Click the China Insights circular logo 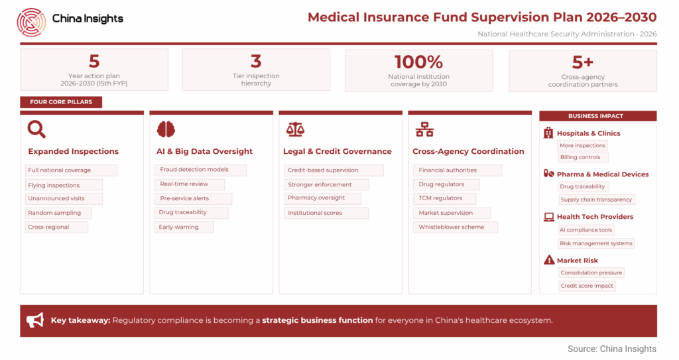(x=31, y=22)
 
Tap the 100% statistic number (x=418, y=62)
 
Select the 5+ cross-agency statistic (x=582, y=62)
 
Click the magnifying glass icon (x=36, y=129)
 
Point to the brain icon (x=166, y=129)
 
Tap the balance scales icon (x=295, y=129)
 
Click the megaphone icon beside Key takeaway (x=35, y=320)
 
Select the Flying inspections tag (x=64, y=185)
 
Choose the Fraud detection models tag (x=200, y=170)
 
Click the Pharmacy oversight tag (x=322, y=198)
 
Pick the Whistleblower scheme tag (x=455, y=227)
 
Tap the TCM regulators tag (x=444, y=198)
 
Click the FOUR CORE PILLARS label (x=61, y=102)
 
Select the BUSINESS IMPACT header (x=597, y=116)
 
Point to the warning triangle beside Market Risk (x=549, y=260)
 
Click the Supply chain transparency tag (x=596, y=200)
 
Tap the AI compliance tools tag (x=586, y=230)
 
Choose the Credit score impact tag (x=587, y=286)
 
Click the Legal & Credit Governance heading (x=338, y=151)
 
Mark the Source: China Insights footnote (x=612, y=349)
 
